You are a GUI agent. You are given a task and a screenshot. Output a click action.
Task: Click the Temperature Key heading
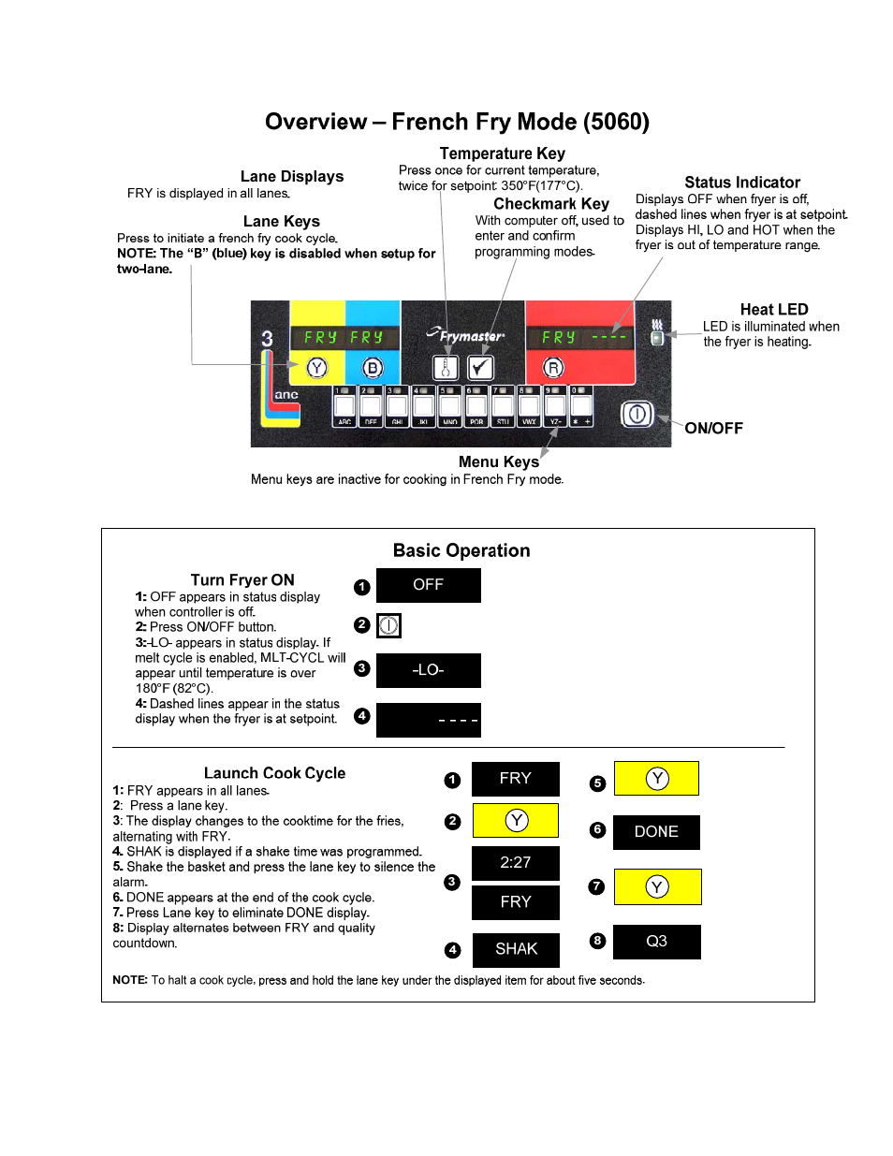(x=502, y=154)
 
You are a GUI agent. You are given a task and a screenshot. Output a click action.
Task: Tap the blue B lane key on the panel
(x=373, y=368)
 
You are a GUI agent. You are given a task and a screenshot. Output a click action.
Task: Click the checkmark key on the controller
(x=480, y=368)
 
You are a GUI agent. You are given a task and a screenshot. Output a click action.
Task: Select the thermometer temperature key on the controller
(x=446, y=368)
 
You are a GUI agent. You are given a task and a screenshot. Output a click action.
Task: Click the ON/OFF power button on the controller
(x=637, y=414)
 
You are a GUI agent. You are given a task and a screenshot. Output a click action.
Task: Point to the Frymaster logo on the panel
(x=466, y=335)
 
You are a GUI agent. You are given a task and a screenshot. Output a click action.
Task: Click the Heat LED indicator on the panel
(x=657, y=337)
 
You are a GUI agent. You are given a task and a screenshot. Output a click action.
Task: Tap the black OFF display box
(x=428, y=585)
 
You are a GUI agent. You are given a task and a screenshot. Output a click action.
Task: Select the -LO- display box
(x=428, y=670)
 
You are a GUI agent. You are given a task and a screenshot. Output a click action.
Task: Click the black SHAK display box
(x=516, y=949)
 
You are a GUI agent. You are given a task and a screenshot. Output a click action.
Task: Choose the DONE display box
(x=656, y=832)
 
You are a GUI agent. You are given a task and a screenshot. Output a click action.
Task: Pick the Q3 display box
(x=656, y=942)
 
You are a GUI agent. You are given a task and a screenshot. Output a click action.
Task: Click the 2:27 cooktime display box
(x=516, y=863)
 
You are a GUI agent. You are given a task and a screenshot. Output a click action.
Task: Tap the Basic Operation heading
(x=461, y=550)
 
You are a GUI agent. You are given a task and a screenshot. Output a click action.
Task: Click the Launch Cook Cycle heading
(x=274, y=773)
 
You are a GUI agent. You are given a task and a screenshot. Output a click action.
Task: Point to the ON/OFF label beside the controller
(x=713, y=429)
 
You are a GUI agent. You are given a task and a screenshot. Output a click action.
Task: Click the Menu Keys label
(x=498, y=461)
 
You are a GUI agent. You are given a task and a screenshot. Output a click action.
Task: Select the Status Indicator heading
(x=741, y=183)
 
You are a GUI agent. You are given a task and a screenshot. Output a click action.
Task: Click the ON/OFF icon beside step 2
(x=388, y=625)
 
